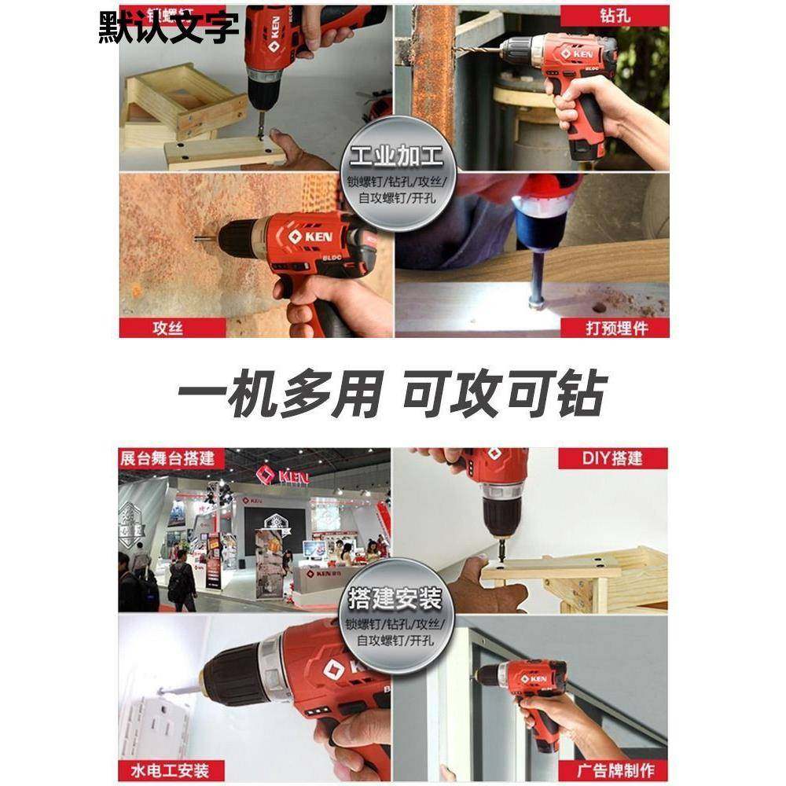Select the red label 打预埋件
617,327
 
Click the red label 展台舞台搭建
167,458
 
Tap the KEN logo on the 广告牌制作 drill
534,678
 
